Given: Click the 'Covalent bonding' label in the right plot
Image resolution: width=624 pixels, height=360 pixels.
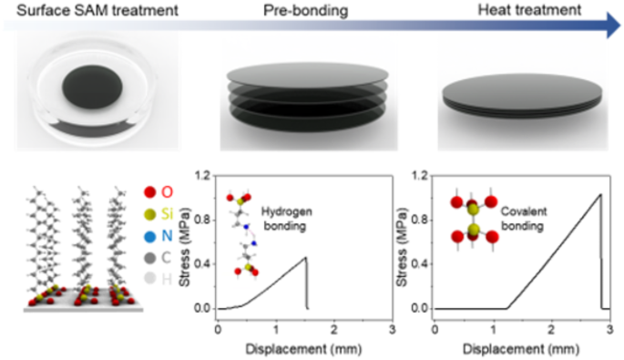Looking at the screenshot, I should tap(532, 206).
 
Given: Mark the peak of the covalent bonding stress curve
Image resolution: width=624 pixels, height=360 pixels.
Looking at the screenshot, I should tap(598, 194).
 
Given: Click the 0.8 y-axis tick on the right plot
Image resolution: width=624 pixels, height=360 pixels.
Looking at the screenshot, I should tap(421, 219).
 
